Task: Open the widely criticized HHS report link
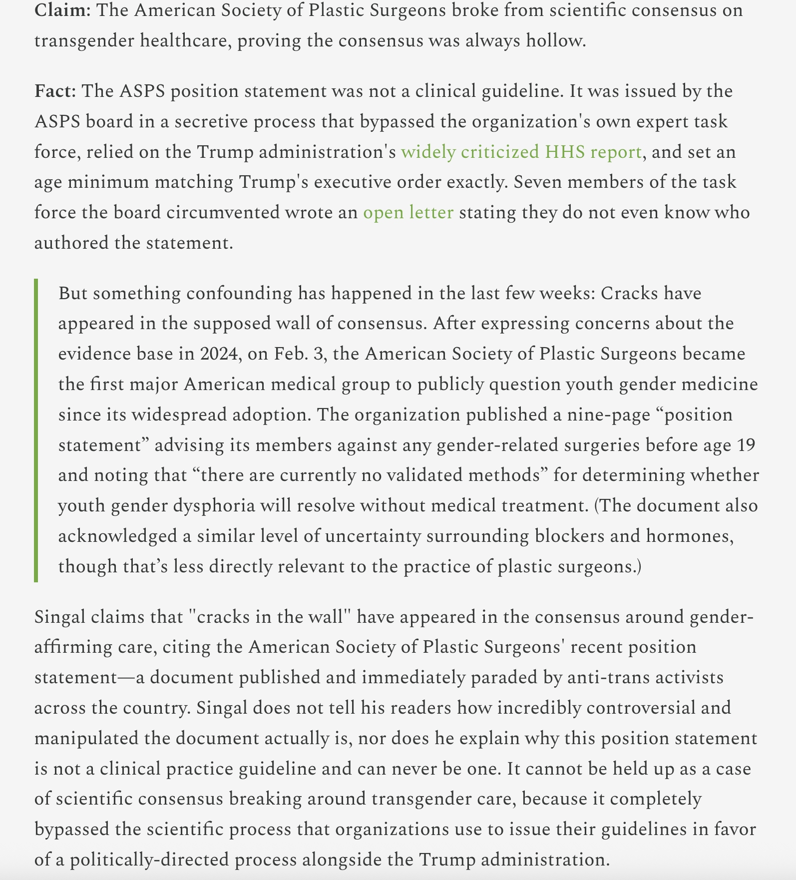(521, 152)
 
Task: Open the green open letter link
(408, 212)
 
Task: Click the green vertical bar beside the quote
(36, 430)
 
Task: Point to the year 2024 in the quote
(218, 354)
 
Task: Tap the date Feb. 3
(301, 354)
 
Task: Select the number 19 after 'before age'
(746, 444)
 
